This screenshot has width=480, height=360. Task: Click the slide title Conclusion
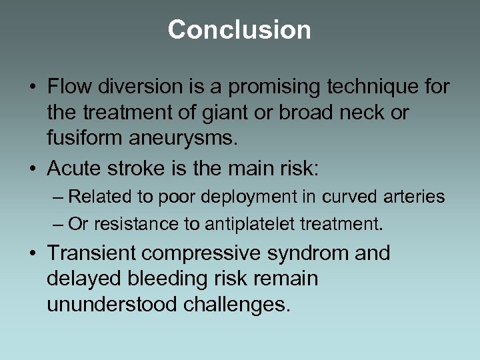coord(239,30)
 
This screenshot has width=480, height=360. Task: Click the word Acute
coord(72,169)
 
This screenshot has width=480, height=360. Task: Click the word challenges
coord(241,305)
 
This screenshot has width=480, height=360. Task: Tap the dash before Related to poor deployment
coord(59,197)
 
